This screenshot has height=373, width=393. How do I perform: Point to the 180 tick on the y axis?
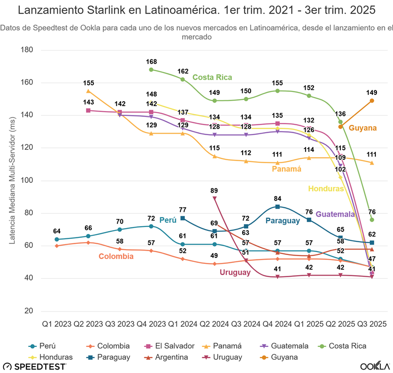[x=27, y=50]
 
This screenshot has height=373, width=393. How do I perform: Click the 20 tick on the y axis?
[x=28, y=311]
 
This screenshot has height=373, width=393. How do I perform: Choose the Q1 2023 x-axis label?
[x=56, y=324]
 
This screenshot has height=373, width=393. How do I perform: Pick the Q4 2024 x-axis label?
[x=278, y=324]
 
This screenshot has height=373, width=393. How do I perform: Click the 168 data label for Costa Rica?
[x=151, y=61]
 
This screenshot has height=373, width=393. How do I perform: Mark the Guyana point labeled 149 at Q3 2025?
[x=372, y=101]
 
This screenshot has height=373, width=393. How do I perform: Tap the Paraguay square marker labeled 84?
[x=278, y=207]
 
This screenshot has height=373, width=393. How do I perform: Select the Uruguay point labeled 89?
[x=215, y=198]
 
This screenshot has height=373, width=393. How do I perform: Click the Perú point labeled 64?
[x=57, y=239]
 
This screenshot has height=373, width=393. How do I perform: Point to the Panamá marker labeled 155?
[x=88, y=91]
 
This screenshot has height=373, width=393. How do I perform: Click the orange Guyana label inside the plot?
[x=363, y=128]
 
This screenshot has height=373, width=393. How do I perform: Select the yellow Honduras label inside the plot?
[x=325, y=188]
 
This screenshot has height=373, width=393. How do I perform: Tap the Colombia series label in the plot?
[x=116, y=256]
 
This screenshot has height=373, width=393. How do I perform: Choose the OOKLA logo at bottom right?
[x=375, y=366]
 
